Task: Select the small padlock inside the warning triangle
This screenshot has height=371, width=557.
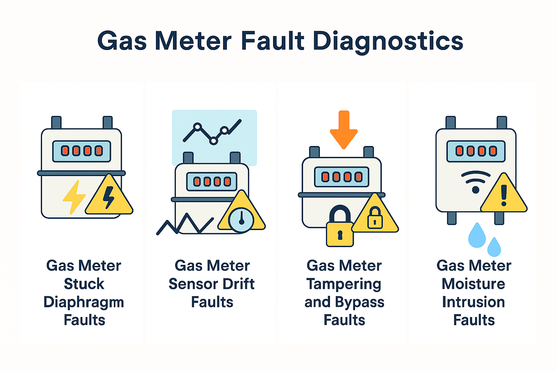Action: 375,218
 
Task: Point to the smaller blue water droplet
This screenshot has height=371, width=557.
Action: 494,247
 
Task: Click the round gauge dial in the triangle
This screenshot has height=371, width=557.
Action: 241,219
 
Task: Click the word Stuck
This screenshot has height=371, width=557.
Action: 84,284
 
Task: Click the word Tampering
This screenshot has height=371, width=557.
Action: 344,284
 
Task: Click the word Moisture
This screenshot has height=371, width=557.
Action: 473,284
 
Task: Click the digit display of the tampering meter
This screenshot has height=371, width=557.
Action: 342,177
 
